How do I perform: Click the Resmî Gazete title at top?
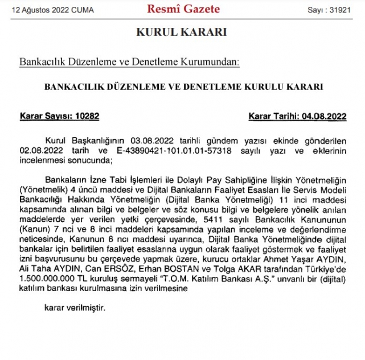click(183, 9)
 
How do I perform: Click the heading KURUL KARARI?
click(182, 32)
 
